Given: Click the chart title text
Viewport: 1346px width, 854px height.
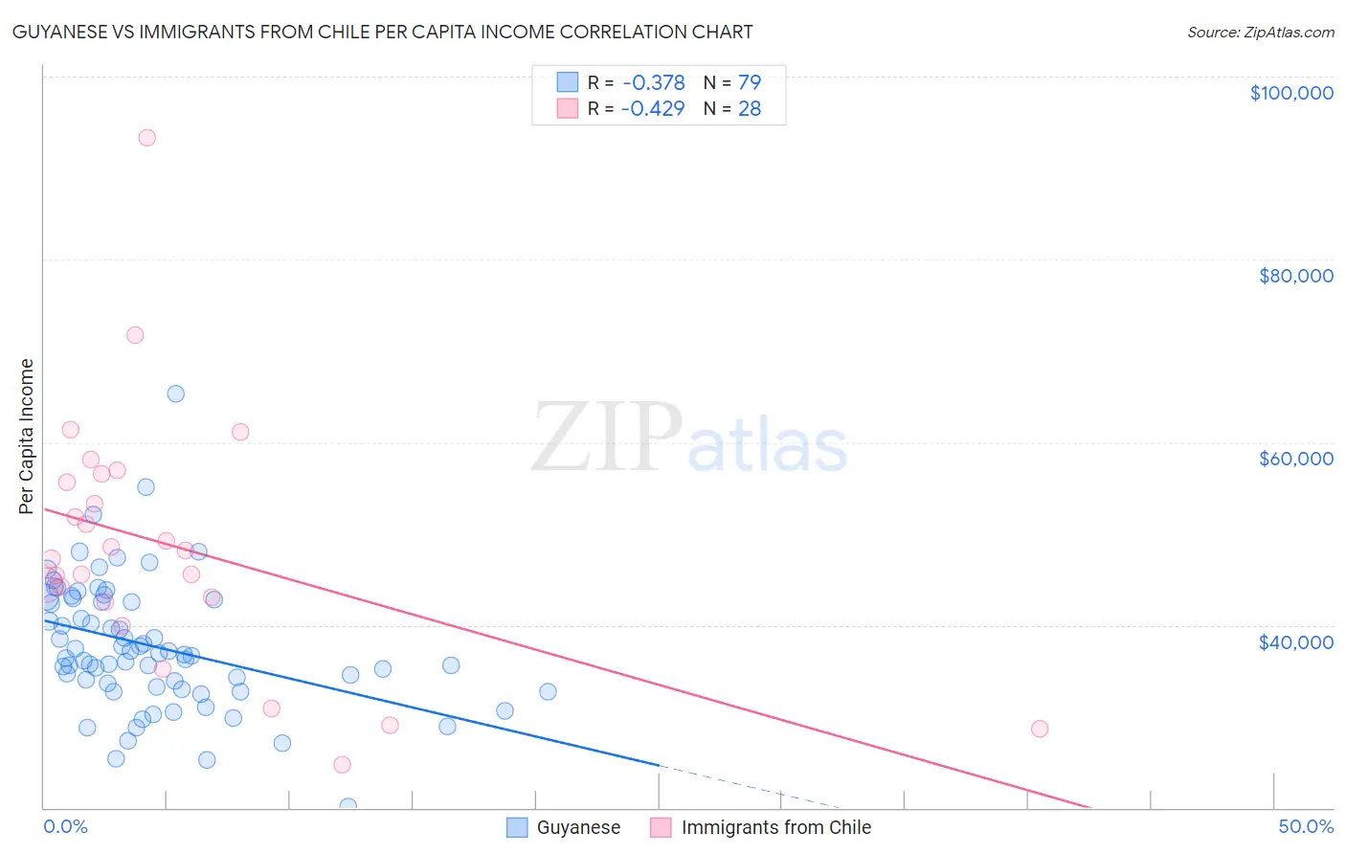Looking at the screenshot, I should click(x=382, y=32).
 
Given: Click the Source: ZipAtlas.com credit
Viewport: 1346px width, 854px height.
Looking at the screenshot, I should click(x=1260, y=32).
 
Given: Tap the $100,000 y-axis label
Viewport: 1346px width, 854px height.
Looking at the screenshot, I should click(x=1291, y=93).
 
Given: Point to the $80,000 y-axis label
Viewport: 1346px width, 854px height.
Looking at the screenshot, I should click(x=1295, y=276).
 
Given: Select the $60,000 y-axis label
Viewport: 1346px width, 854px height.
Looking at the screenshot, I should click(x=1295, y=459).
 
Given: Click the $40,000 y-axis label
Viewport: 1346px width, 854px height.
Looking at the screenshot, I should click(x=1295, y=641).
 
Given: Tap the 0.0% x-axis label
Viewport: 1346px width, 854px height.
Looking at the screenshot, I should click(x=65, y=826).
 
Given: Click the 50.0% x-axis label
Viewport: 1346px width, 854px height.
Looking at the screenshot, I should click(x=1306, y=826).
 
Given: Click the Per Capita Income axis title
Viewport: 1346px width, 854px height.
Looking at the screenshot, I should click(x=27, y=436).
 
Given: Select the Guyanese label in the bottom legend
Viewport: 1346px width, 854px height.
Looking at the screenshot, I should click(x=578, y=827).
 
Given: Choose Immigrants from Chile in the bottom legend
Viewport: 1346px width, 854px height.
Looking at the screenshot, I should click(x=775, y=827).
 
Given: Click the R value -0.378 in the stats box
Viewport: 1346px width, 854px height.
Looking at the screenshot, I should click(x=653, y=82).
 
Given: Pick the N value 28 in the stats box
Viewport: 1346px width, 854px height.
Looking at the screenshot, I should click(x=750, y=109).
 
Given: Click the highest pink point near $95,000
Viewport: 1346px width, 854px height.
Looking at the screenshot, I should click(x=146, y=137).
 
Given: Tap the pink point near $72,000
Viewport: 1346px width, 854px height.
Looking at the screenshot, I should click(x=135, y=335).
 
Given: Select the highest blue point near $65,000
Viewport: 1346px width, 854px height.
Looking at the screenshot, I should click(x=175, y=393).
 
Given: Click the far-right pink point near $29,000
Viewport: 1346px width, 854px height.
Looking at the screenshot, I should click(x=1040, y=729).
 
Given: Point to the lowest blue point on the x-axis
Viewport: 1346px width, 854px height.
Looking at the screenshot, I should click(x=348, y=806).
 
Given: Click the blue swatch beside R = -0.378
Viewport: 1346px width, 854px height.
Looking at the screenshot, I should click(x=568, y=82).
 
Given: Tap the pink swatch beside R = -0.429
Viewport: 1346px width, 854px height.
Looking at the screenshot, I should click(x=568, y=109).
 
